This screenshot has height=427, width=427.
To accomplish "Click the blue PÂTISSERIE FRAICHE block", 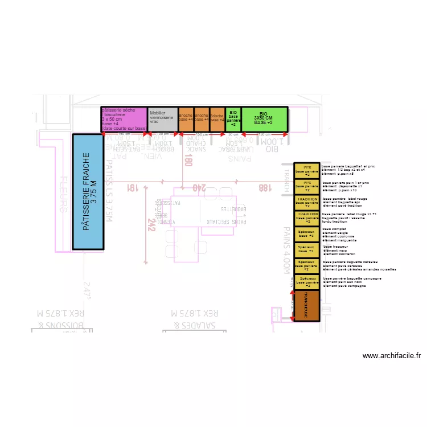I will point(88,192).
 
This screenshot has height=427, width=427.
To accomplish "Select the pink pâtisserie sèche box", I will point(124,120).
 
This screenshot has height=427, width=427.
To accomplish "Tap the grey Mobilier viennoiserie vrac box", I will point(162,120).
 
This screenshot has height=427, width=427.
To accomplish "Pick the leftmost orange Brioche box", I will point(186,120).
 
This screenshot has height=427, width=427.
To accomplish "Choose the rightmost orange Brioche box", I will point(217,120).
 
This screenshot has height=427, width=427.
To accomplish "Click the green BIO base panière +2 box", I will point(233,120).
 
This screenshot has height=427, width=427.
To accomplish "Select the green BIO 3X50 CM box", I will point(264,120).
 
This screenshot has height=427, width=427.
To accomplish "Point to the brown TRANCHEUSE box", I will point(306,306).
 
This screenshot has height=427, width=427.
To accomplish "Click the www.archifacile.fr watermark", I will point(392,356).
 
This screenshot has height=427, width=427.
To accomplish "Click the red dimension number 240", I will point(199,187).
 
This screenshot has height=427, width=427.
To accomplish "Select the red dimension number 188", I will point(264,187).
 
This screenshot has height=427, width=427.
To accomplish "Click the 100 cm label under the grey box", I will point(162,134).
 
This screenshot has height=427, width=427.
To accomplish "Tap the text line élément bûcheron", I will point(339,254).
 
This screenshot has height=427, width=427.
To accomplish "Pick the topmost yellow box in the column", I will point(306,170).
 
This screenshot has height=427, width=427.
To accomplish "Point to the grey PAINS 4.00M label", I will point(287,250).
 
